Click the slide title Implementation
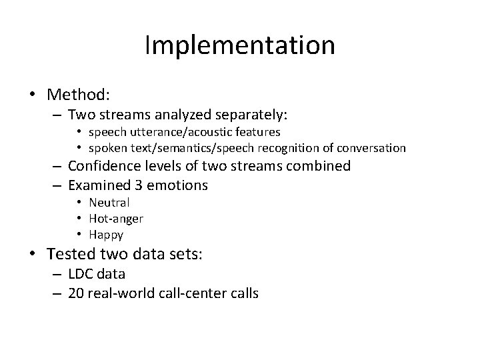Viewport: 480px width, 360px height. pyautogui.click(x=239, y=45)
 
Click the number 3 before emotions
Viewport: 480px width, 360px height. pyautogui.click(x=151, y=185)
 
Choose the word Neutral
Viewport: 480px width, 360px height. pyautogui.click(x=111, y=203)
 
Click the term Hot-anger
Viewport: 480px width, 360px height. pyautogui.click(x=117, y=218)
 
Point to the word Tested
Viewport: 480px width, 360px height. pyautogui.click(x=69, y=254)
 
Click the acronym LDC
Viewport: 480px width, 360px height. pyautogui.click(x=82, y=273)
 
